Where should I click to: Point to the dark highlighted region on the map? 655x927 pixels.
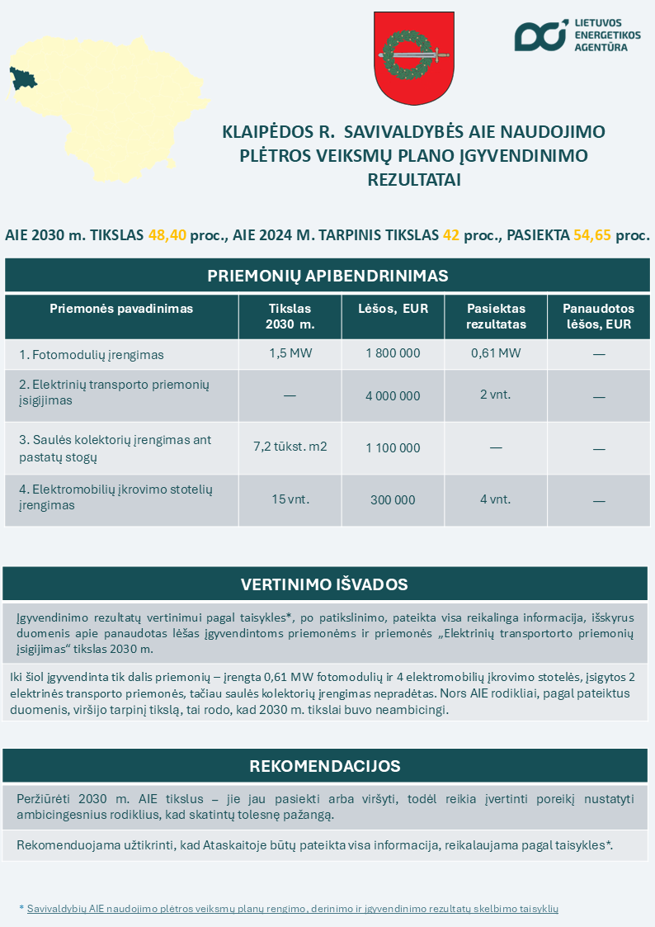(22, 79)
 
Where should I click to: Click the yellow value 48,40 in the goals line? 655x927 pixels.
(167, 234)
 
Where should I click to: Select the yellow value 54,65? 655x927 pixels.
(591, 234)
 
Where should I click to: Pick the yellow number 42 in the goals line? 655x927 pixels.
(451, 234)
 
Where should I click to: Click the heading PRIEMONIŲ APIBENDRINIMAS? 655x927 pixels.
(327, 275)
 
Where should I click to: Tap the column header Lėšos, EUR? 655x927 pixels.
(393, 309)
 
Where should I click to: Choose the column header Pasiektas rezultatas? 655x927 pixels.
(496, 316)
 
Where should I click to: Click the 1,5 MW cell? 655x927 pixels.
(290, 353)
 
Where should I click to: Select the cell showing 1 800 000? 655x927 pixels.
(393, 353)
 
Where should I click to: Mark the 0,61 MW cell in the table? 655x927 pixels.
(496, 353)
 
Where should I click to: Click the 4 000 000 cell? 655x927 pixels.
(393, 396)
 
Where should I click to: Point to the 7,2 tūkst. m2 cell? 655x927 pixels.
(290, 447)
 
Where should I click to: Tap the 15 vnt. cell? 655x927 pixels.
(290, 499)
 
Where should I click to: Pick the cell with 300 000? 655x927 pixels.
(393, 499)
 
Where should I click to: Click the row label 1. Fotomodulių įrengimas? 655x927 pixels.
(92, 355)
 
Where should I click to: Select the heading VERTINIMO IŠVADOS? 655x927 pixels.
(324, 584)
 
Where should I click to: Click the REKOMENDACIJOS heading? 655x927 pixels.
(325, 766)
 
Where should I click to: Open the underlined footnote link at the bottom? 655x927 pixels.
(293, 908)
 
